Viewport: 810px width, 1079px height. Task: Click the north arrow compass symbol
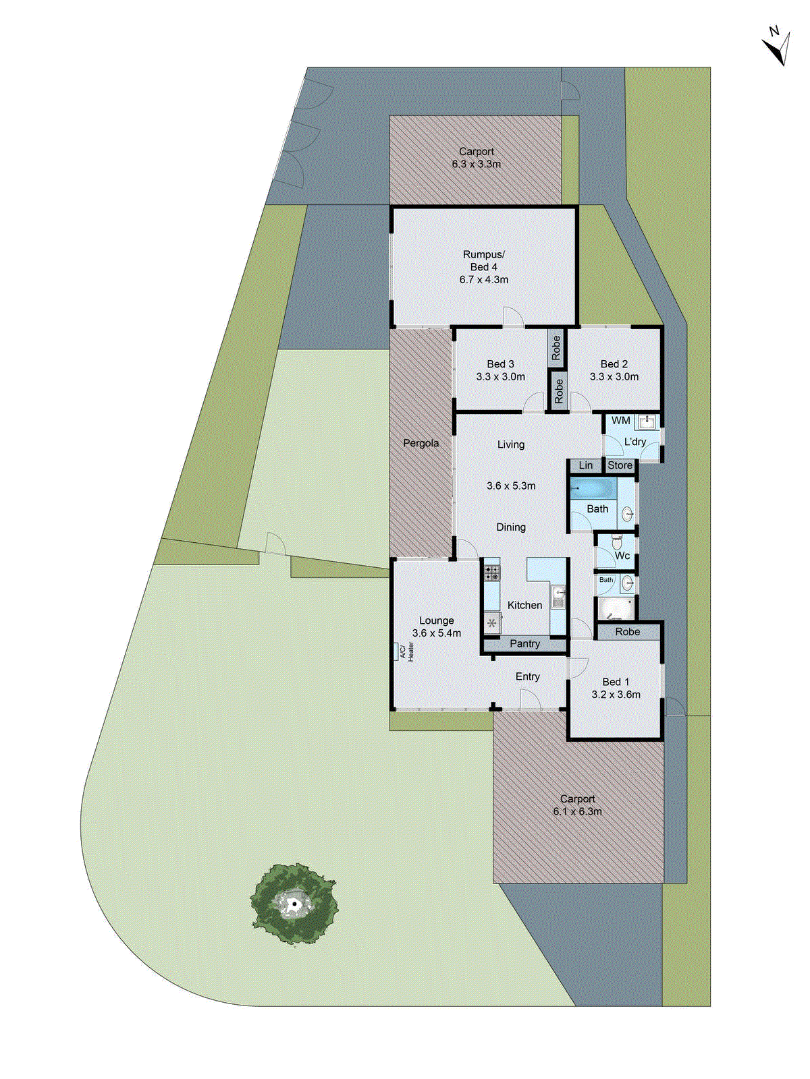[777, 46]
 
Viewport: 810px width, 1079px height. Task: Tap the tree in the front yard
[294, 904]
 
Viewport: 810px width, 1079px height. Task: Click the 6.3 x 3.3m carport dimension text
[477, 164]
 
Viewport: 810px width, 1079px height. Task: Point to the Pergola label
[421, 443]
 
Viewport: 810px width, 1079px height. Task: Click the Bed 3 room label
[500, 364]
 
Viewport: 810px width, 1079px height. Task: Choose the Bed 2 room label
[614, 364]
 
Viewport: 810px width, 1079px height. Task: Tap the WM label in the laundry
[620, 421]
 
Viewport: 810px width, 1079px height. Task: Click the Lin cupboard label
[585, 465]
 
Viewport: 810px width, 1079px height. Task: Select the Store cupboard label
[620, 465]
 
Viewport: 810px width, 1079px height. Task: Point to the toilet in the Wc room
[616, 541]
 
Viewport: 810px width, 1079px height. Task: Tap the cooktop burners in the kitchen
[492, 573]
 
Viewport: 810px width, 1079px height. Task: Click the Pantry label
[524, 644]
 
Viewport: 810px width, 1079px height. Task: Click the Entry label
[527, 676]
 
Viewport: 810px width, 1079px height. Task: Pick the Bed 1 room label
[616, 682]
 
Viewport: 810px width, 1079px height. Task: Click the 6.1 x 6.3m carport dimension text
[577, 811]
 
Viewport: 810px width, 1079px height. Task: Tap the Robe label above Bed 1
[627, 632]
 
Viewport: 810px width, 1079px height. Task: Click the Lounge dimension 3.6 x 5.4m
[437, 633]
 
